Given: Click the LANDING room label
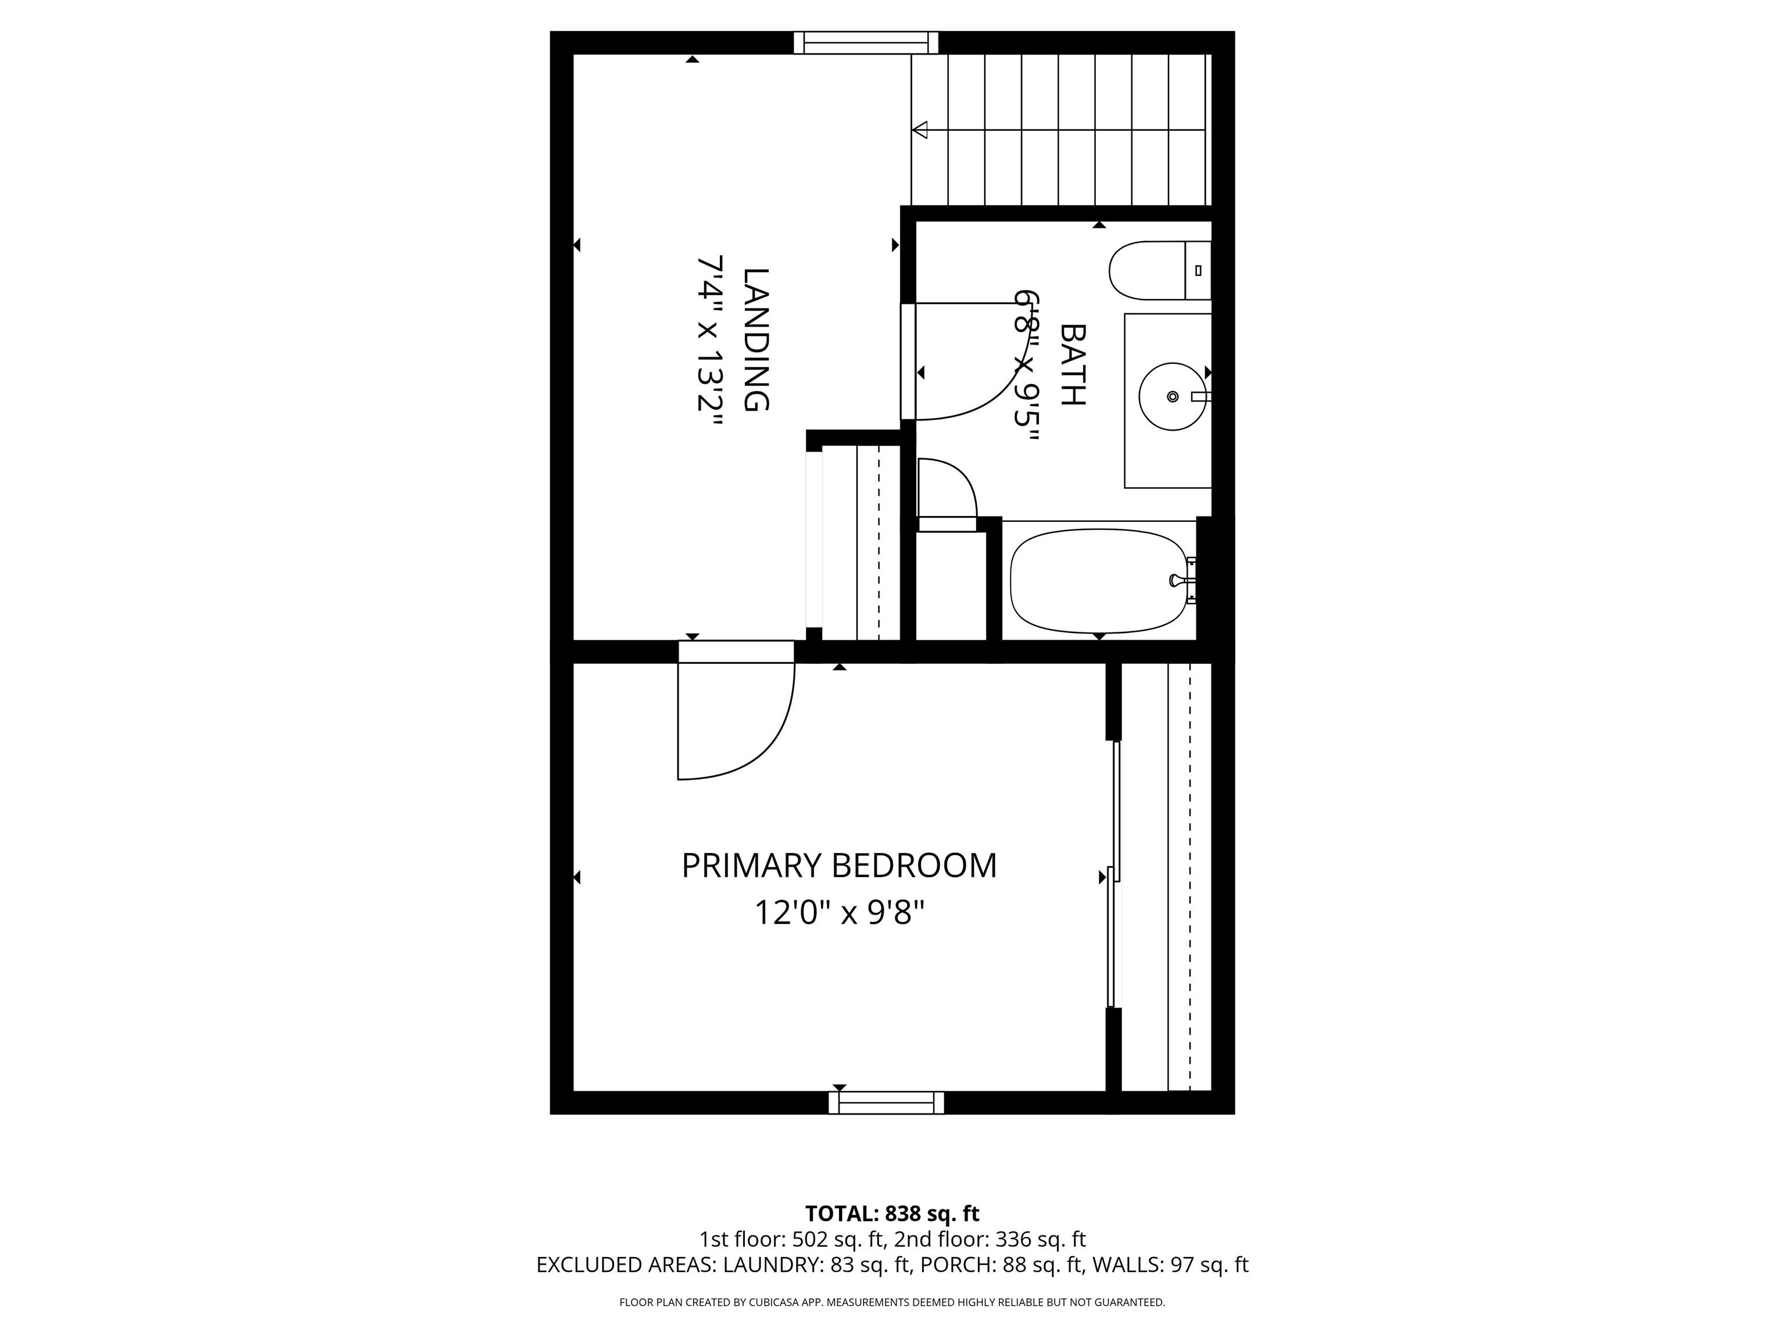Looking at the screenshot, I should click(x=755, y=340).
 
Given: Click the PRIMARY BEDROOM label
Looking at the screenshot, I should click(x=839, y=866).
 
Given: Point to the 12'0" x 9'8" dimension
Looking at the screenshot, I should click(x=839, y=914).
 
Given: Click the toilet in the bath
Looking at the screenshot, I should click(x=1159, y=270).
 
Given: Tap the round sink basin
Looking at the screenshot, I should click(x=1173, y=396).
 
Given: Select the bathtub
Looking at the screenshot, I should click(x=1099, y=581).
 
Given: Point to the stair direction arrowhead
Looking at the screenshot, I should click(x=920, y=129).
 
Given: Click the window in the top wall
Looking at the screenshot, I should click(x=866, y=43).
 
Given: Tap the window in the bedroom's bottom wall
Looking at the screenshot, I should click(x=886, y=1102).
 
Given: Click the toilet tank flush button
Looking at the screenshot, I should click(x=1198, y=270).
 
